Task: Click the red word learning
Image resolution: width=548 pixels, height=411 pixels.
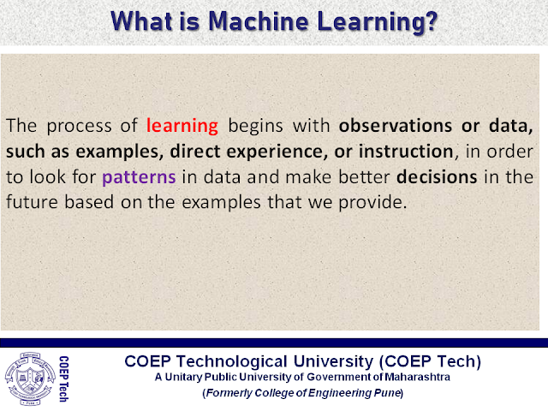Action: (x=182, y=126)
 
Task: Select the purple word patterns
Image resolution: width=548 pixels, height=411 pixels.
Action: (x=139, y=177)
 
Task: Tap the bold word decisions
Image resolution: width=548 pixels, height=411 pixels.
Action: (x=437, y=177)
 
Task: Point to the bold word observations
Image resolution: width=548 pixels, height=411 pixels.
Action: (x=396, y=126)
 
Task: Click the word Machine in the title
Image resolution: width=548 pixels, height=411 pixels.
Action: (x=259, y=21)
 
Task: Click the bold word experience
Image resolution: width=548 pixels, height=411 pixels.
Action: (x=277, y=152)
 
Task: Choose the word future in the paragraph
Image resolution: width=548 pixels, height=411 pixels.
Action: (x=33, y=202)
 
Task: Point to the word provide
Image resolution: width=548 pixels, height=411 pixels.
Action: (x=372, y=202)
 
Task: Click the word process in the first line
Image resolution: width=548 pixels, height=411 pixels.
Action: (x=79, y=127)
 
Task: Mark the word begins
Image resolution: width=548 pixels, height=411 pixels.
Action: (x=255, y=126)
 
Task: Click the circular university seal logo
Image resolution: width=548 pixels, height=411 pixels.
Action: (x=31, y=378)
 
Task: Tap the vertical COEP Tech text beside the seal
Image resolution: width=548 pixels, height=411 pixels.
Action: (x=63, y=378)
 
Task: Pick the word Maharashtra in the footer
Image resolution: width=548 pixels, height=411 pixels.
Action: (x=417, y=377)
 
